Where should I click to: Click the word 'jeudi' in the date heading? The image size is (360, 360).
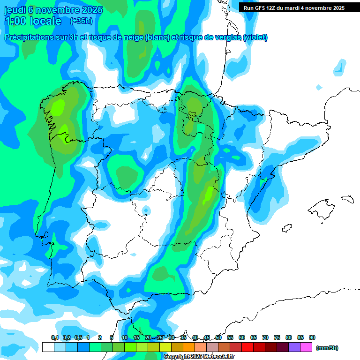15,10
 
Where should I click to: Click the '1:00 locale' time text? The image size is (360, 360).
33,21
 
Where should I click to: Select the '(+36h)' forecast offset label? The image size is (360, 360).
81,21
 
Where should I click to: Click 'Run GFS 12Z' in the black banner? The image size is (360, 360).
261,8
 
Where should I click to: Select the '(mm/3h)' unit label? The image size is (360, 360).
327,348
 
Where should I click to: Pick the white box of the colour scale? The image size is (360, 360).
48,347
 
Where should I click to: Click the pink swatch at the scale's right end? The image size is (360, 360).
306,347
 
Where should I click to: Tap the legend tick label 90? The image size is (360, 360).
312,337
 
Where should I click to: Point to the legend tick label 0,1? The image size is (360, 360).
54,337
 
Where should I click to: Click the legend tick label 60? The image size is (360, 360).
242,337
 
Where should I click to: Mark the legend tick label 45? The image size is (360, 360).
207,337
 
